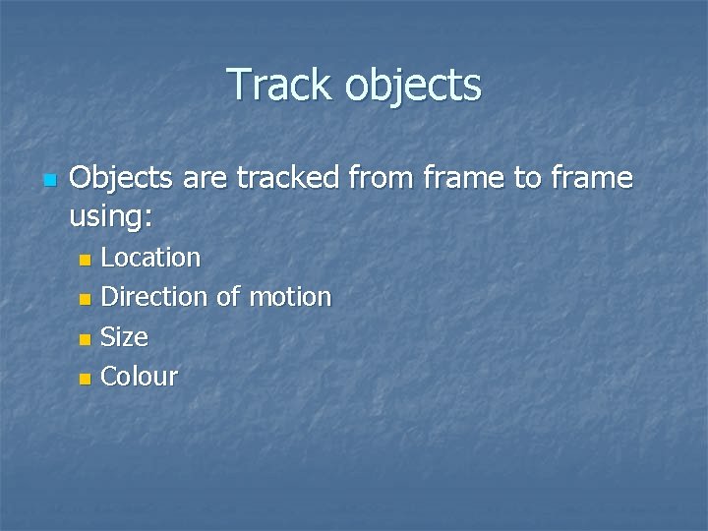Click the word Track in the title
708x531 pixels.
coord(281,85)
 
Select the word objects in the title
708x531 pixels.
coord(413,87)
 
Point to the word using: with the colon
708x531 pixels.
coord(111,216)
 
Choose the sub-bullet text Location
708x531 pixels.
coord(150,258)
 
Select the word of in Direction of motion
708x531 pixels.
coord(227,296)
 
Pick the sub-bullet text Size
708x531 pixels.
coord(125,336)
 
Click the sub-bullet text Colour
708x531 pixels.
coord(140,376)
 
